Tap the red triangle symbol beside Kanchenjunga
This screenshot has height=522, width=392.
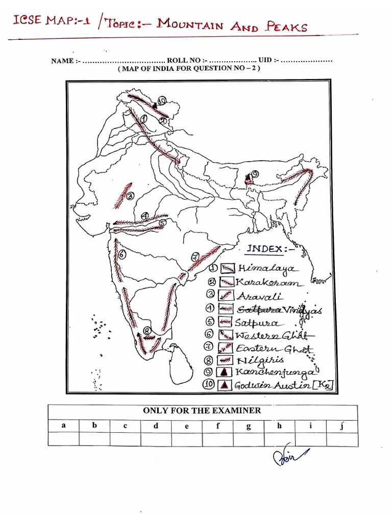pos(224,373)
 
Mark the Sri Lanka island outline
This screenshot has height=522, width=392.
pos(181,364)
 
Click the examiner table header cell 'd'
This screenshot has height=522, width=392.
pos(156,426)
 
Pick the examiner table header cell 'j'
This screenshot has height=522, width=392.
pos(342,426)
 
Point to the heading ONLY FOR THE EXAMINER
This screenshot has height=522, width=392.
pos(202,410)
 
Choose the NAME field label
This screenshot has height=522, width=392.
pos(65,61)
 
